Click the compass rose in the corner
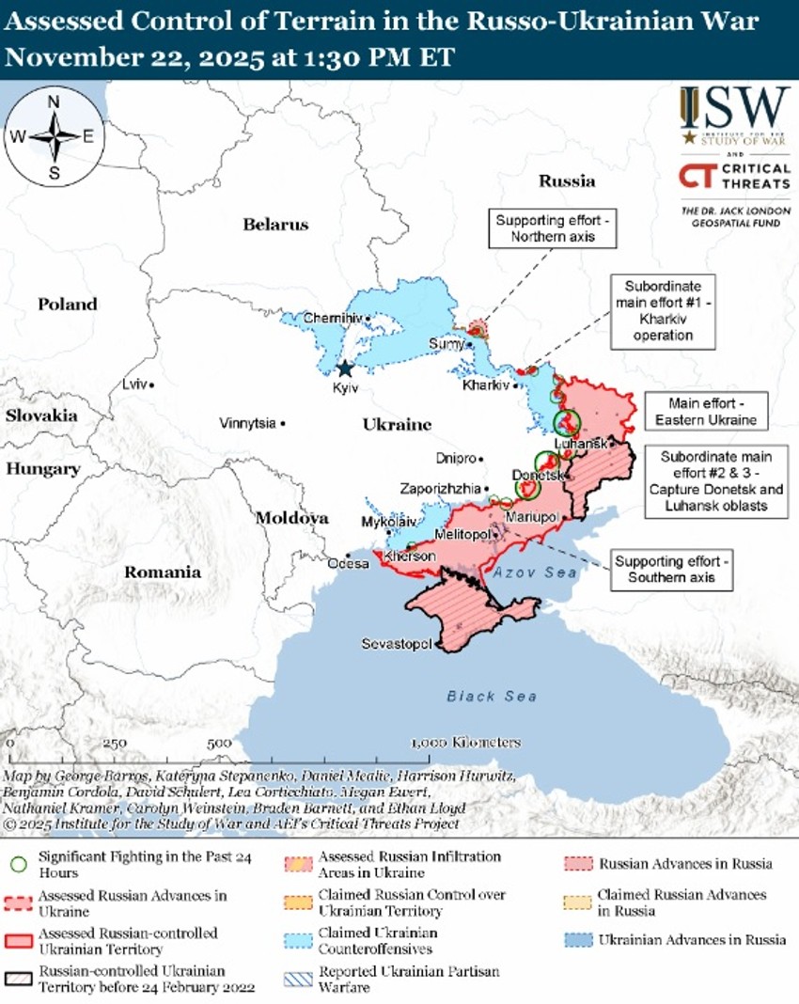(54, 136)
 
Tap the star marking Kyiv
(345, 369)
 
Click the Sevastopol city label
(396, 644)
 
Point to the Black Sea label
(492, 696)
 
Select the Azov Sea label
(528, 573)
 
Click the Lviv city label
(134, 384)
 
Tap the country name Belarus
(275, 225)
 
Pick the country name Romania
(163, 572)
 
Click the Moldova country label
(291, 518)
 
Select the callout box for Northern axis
(553, 228)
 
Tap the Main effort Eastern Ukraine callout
(706, 411)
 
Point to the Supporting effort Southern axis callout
(671, 569)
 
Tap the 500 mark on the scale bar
(219, 743)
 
